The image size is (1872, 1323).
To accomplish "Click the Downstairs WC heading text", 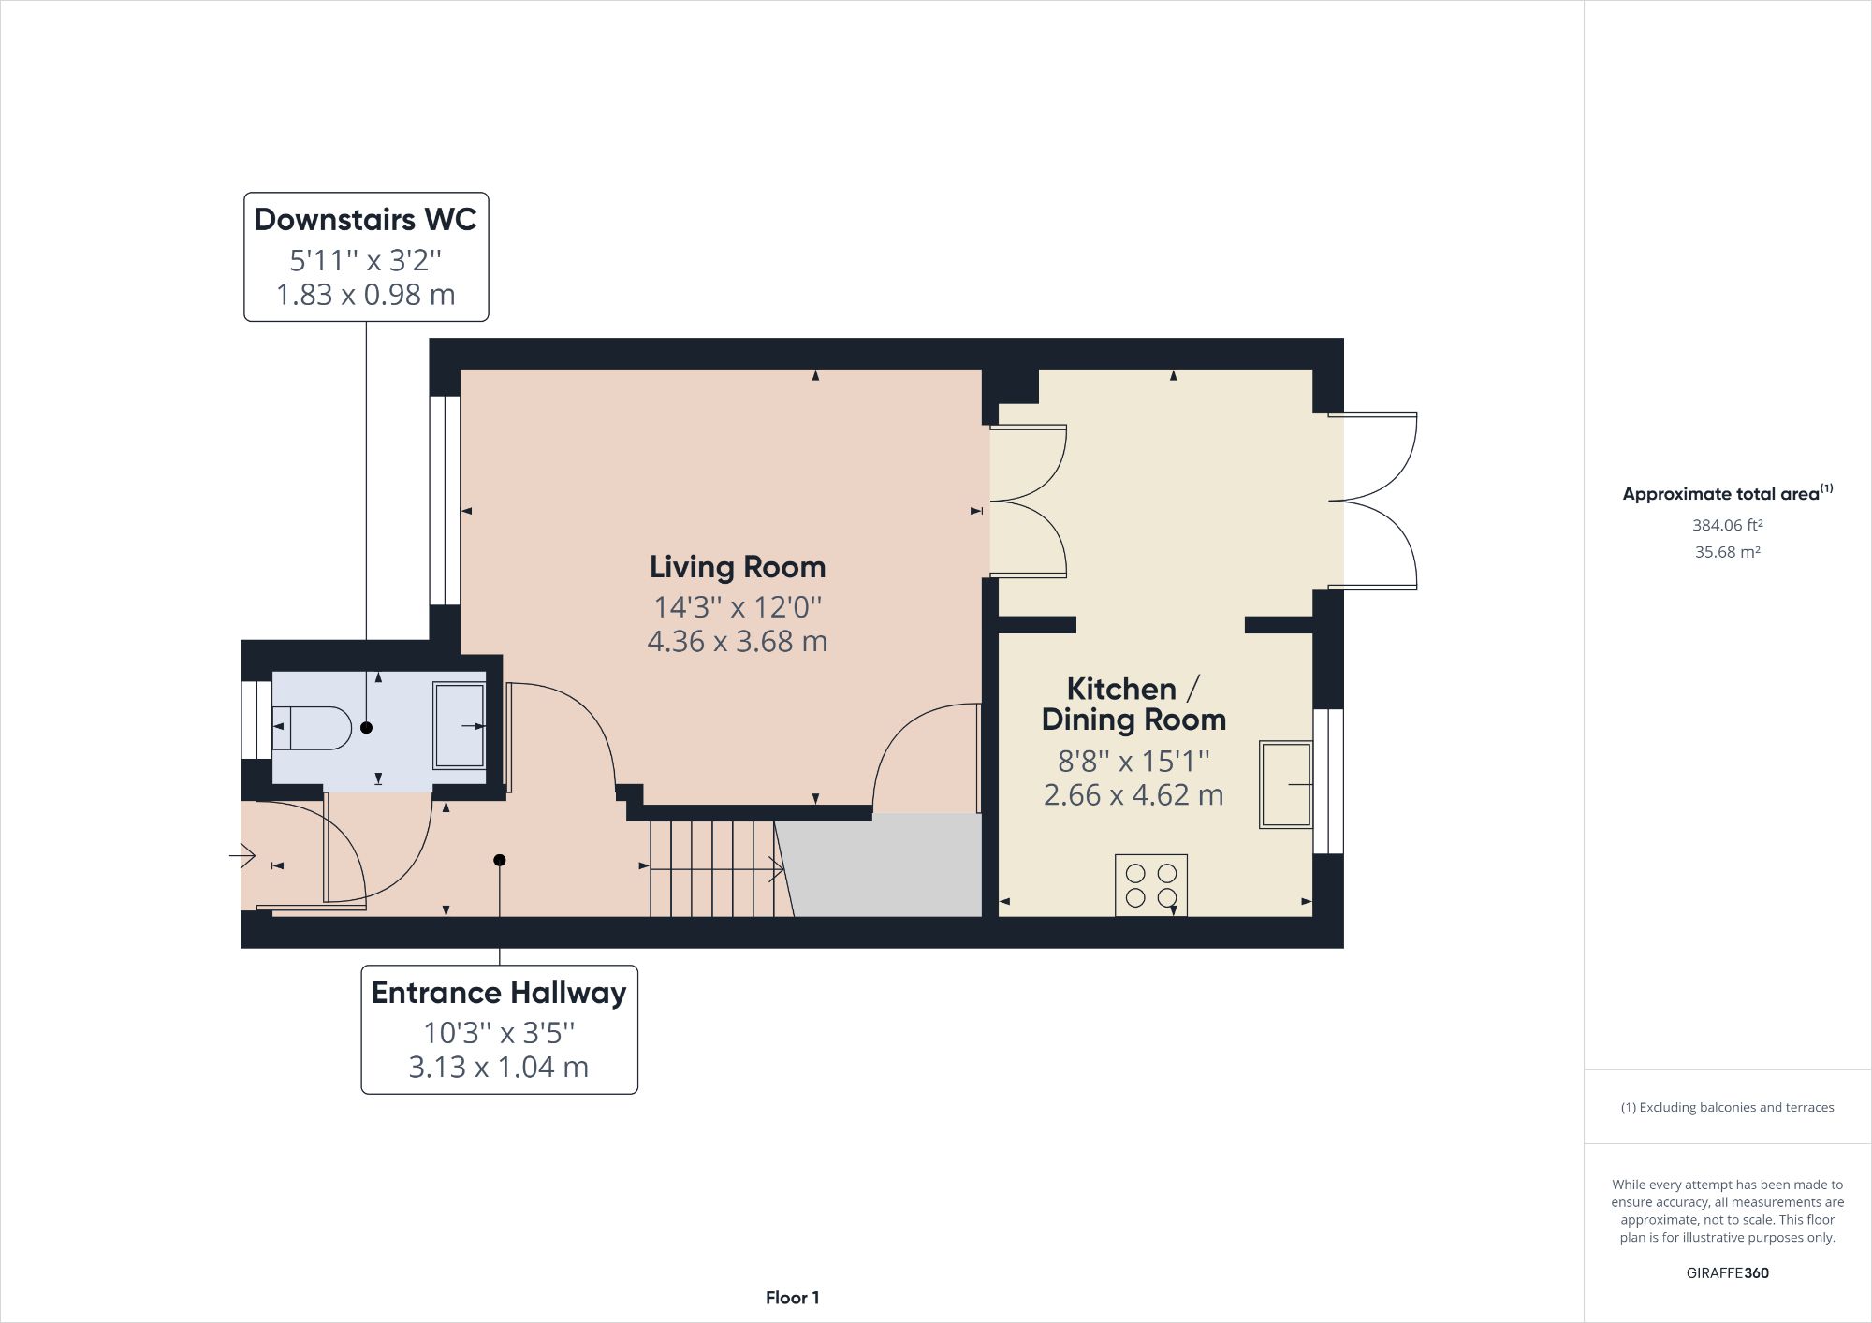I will tap(365, 219).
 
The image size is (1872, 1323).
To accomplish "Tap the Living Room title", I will tap(738, 567).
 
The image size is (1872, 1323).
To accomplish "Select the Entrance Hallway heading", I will tap(499, 993).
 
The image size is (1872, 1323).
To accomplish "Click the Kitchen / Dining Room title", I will tap(1133, 704).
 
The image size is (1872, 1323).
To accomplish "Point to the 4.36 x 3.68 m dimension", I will tap(738, 642).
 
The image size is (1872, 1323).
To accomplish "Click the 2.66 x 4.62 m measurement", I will tap(1133, 795).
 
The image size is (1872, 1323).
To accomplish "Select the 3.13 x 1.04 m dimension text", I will tap(499, 1067).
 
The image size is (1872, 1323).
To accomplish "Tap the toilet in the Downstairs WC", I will tap(312, 728).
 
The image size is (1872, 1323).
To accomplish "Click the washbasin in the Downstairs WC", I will tap(459, 726).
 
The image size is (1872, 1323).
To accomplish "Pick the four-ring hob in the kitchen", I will tap(1150, 885).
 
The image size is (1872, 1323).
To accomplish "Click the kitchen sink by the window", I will tap(1285, 784).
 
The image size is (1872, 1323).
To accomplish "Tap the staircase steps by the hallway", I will tap(711, 868).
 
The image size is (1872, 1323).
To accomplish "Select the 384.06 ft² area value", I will tap(1727, 526).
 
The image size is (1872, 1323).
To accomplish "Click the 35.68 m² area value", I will tap(1727, 552).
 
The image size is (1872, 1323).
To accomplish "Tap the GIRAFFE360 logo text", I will tap(1727, 1272).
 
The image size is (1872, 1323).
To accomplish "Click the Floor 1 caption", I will tap(792, 1298).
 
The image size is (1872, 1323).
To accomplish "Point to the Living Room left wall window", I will tap(445, 501).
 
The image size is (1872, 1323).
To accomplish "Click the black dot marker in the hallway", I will tap(500, 860).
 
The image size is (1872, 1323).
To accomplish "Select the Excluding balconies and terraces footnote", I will tap(1727, 1107).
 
